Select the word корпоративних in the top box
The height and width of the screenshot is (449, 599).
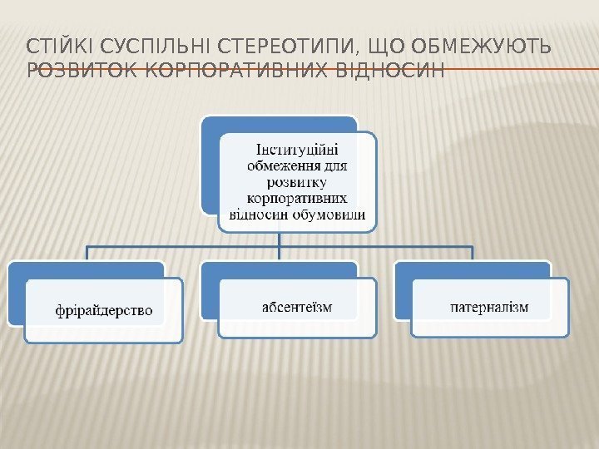[297, 198]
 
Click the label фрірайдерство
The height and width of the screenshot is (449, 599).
[104, 310]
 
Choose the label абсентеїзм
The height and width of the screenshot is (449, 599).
[297, 308]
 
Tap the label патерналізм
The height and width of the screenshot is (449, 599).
[489, 308]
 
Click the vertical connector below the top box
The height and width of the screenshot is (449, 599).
[280, 239]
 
